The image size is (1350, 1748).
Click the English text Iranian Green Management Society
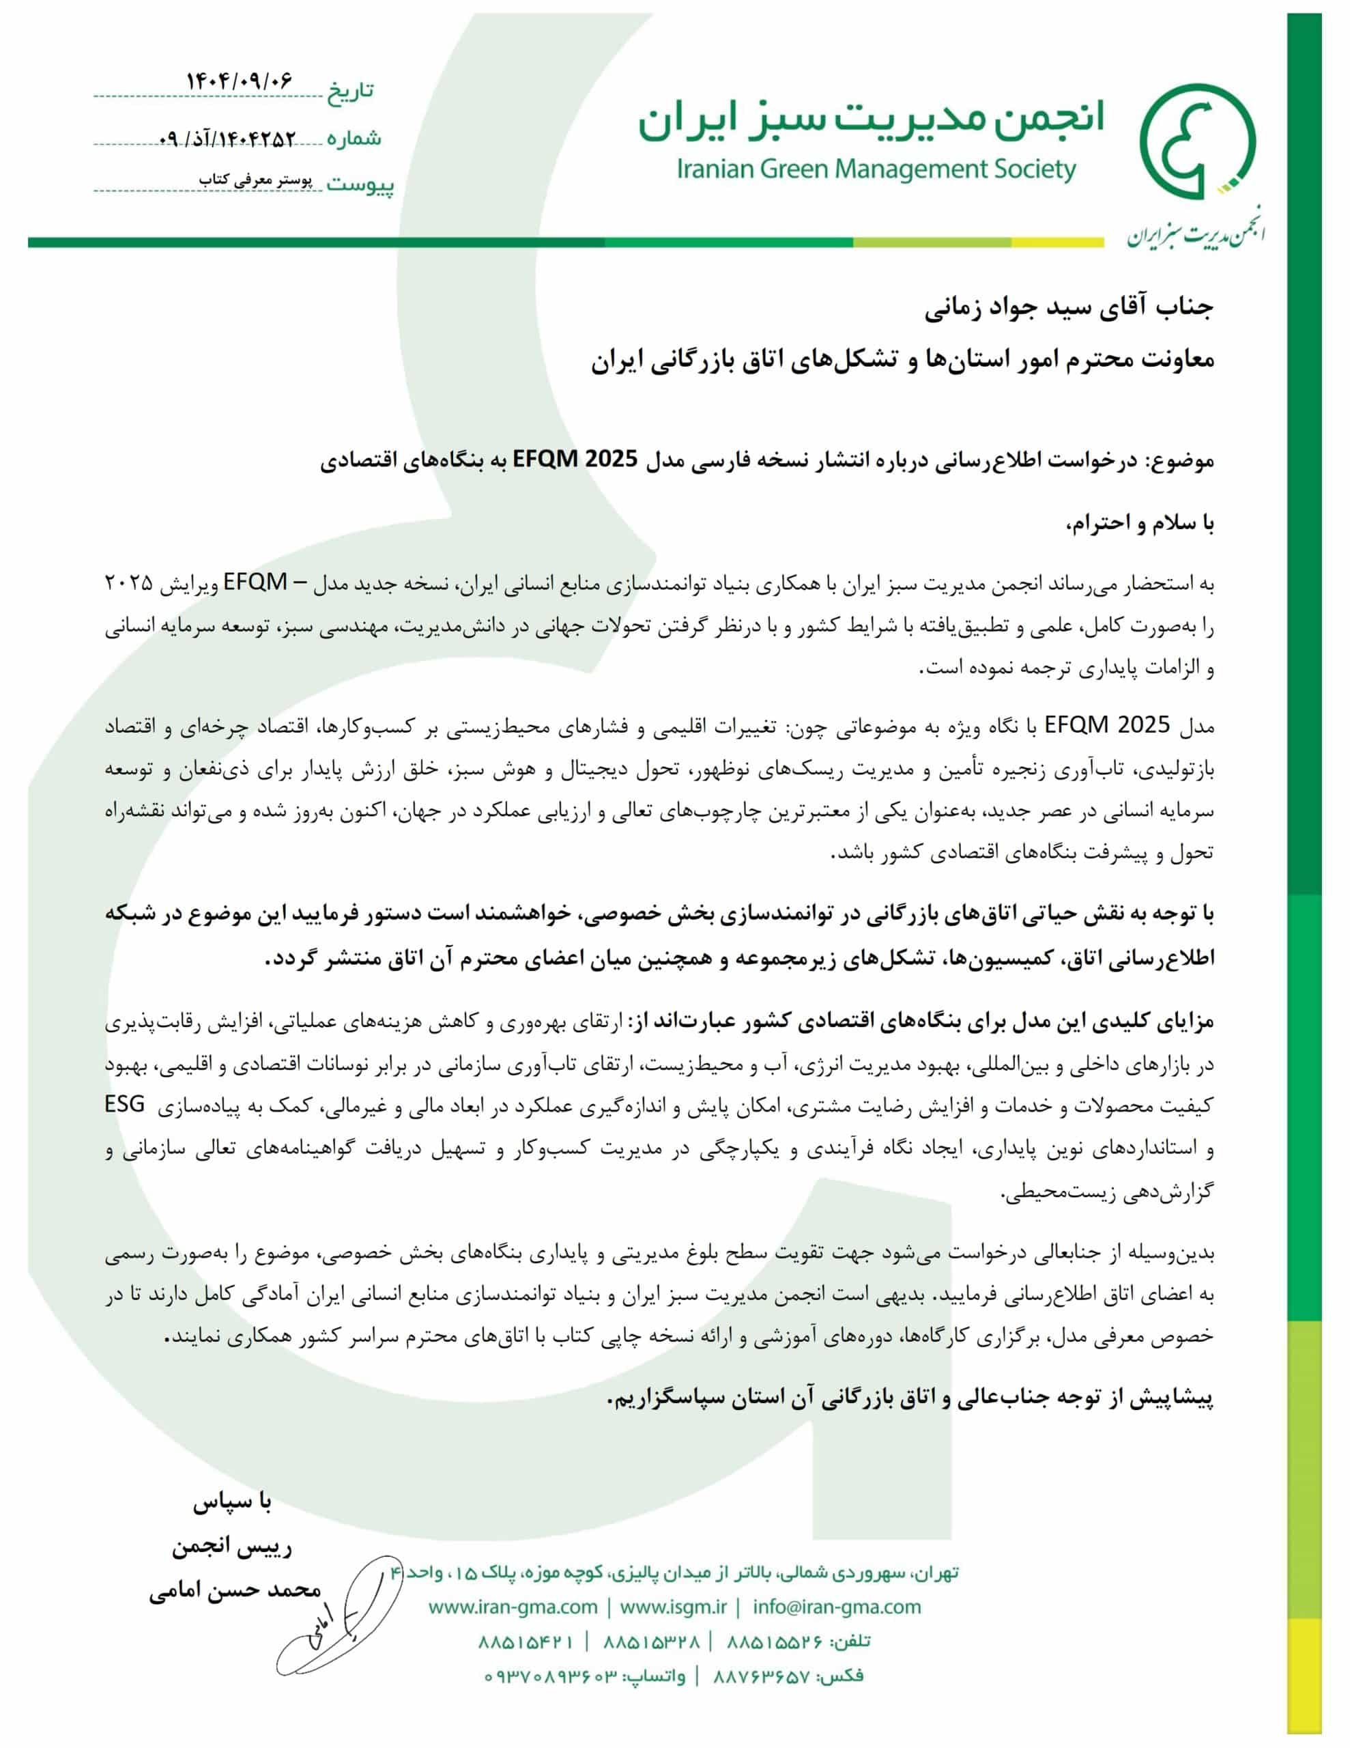876,169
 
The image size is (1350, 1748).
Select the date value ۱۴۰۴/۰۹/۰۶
240,81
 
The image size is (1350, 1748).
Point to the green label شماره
354,139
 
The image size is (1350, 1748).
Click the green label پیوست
360,186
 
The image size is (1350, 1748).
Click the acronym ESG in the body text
126,1105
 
